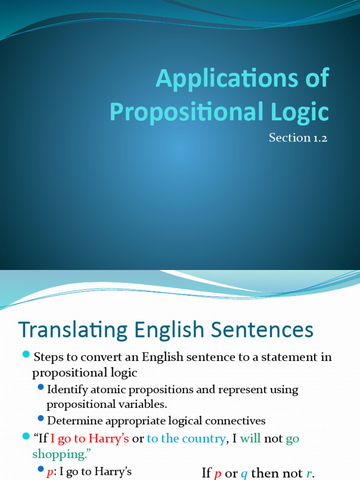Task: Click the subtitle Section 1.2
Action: pyautogui.click(x=297, y=138)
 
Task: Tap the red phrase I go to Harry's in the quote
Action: pyautogui.click(x=90, y=439)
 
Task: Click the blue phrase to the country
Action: pyautogui.click(x=186, y=439)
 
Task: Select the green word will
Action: pyautogui.click(x=250, y=439)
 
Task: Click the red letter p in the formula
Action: pyautogui.click(x=217, y=473)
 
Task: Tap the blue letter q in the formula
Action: pyautogui.click(x=244, y=473)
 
